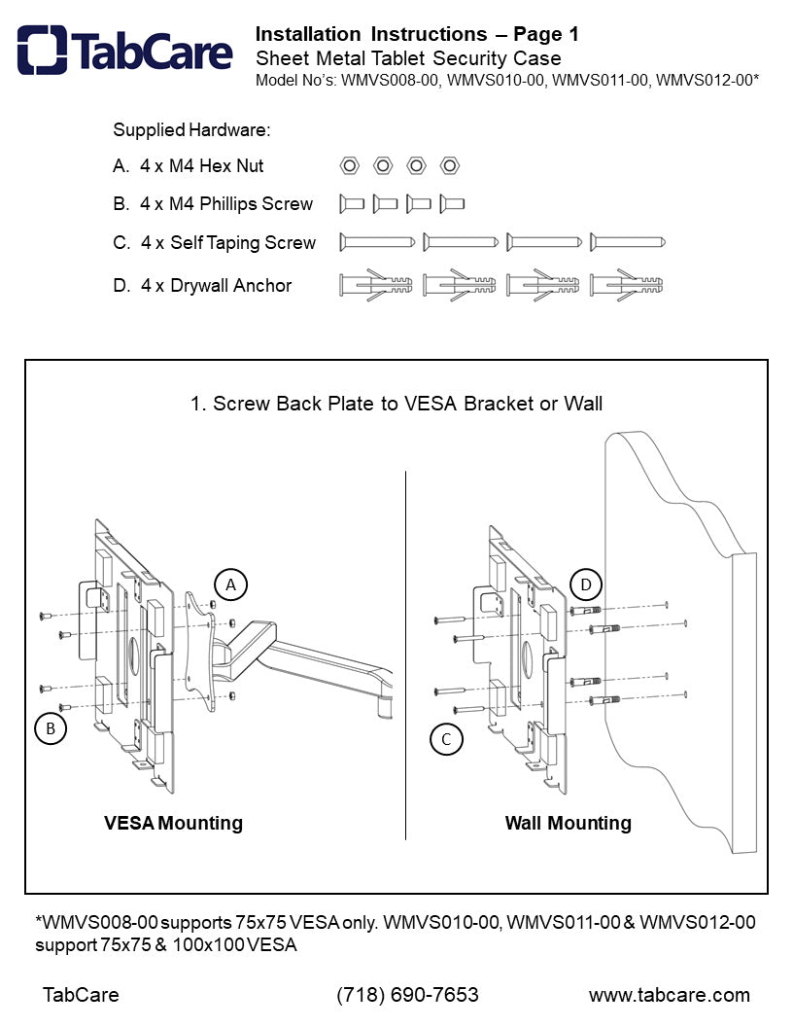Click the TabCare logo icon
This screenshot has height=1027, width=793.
(x=42, y=50)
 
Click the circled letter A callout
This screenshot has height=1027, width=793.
(x=230, y=584)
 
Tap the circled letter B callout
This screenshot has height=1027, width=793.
(x=51, y=727)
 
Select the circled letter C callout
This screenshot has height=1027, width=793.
(x=446, y=739)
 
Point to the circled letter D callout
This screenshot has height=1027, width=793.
(x=586, y=584)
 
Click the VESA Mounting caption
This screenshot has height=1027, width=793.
(x=173, y=823)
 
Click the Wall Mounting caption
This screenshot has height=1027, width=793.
(x=568, y=823)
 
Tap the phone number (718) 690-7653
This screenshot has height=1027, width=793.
(x=407, y=995)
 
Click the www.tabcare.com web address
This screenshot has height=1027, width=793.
(x=669, y=995)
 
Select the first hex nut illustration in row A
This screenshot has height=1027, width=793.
(x=348, y=165)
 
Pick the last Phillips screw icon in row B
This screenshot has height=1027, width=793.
(x=452, y=203)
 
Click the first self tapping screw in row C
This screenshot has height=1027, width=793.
(x=379, y=242)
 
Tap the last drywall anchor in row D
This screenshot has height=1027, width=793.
(x=628, y=285)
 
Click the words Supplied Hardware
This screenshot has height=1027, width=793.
(x=191, y=129)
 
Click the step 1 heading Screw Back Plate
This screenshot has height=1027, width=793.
(x=396, y=403)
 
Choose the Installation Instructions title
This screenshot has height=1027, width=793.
(x=371, y=35)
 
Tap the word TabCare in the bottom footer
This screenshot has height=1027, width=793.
(x=81, y=995)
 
